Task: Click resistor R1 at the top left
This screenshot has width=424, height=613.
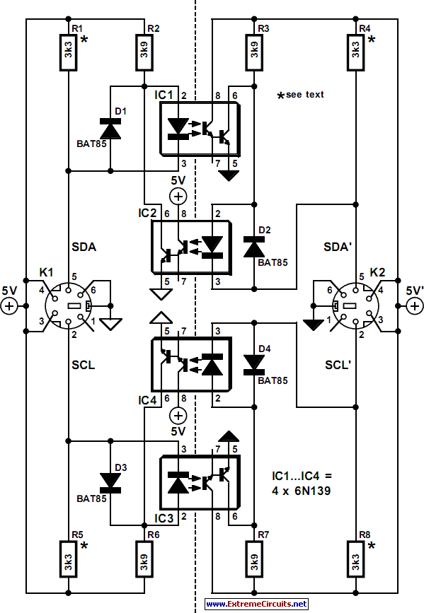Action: point(69,52)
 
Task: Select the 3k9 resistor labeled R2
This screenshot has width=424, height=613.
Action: point(144,52)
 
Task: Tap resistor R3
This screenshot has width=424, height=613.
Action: point(253,52)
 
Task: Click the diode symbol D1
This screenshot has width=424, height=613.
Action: point(110,129)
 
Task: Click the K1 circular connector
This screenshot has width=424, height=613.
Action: point(69,306)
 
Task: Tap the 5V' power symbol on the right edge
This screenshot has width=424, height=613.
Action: point(413,305)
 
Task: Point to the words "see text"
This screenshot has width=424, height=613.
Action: point(305,95)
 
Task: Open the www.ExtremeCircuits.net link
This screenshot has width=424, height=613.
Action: point(256,604)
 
